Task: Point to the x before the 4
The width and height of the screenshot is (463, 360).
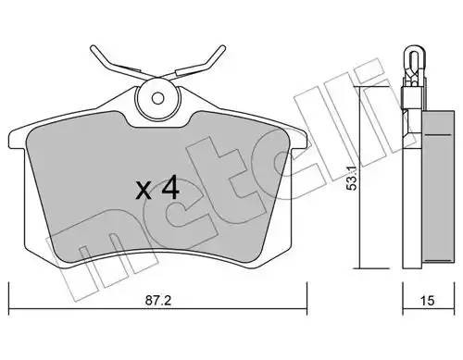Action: pos(144,192)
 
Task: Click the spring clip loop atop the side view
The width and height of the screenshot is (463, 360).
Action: pos(408,61)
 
